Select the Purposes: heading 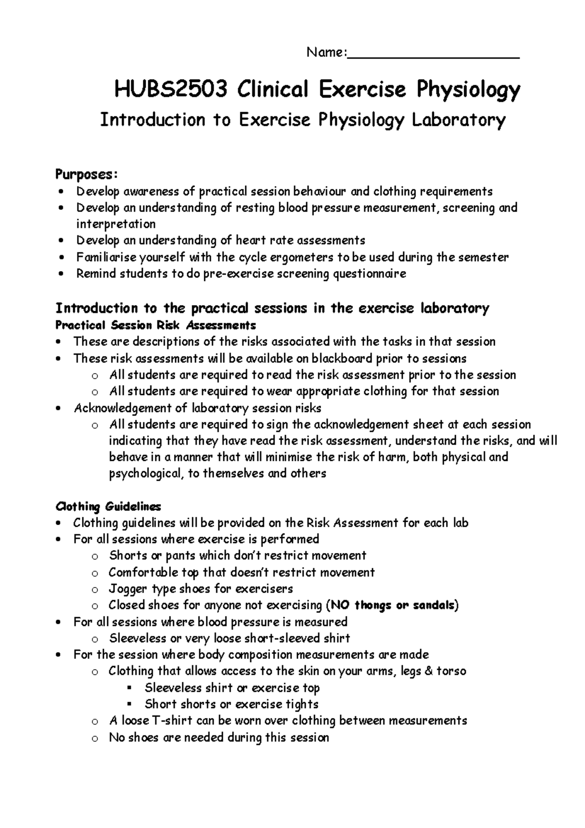(x=86, y=174)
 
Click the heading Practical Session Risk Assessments (x=156, y=325)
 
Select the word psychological (x=144, y=473)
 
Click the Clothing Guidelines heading (x=108, y=507)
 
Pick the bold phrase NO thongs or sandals (x=392, y=606)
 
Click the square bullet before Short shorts (x=129, y=704)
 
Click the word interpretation (x=116, y=224)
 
